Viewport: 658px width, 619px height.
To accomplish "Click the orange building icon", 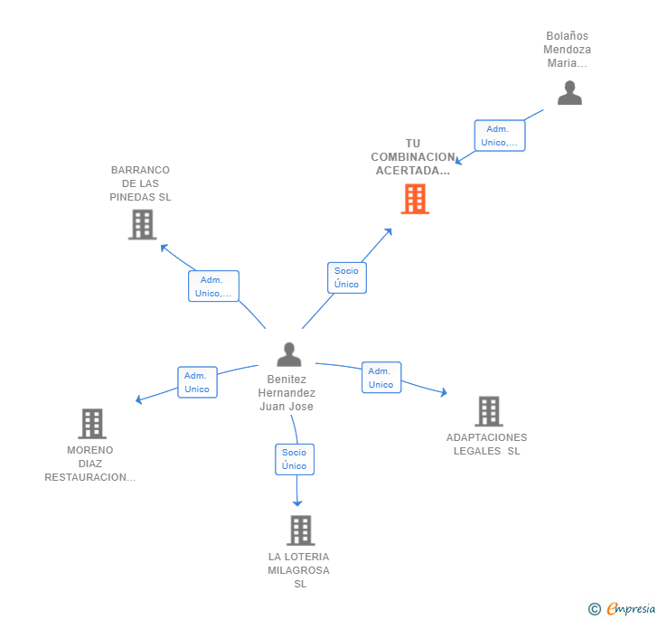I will pyautogui.click(x=415, y=199).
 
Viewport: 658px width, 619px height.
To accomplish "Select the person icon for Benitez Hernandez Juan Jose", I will pyautogui.click(x=289, y=354).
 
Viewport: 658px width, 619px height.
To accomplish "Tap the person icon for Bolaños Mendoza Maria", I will pyautogui.click(x=569, y=93).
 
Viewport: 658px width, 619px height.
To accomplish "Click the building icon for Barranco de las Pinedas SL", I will pyautogui.click(x=142, y=224).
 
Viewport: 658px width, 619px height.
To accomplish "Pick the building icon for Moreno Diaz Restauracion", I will pyautogui.click(x=91, y=423).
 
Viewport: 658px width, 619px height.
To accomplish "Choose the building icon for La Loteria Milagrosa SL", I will pyautogui.click(x=300, y=530).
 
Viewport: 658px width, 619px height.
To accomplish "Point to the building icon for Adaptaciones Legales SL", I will pyautogui.click(x=488, y=411).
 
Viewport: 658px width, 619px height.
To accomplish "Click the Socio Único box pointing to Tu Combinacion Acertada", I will pyautogui.click(x=346, y=277).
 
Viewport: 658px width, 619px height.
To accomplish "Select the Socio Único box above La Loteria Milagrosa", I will pyautogui.click(x=294, y=459).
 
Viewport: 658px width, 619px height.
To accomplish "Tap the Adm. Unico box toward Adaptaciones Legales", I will pyautogui.click(x=381, y=378).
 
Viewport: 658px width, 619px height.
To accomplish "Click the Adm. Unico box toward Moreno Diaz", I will pyautogui.click(x=197, y=382).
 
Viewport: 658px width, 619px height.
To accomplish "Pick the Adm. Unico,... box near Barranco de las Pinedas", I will pyautogui.click(x=213, y=286).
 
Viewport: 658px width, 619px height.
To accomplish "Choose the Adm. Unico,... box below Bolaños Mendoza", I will pyautogui.click(x=499, y=136).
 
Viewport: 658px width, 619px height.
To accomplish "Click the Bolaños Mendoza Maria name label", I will pyautogui.click(x=568, y=50).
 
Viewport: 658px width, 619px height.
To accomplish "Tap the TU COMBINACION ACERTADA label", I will pyautogui.click(x=412, y=156).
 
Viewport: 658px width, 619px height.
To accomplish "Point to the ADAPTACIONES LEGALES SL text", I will pyautogui.click(x=486, y=444).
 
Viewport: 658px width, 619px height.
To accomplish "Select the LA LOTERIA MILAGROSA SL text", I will pyautogui.click(x=298, y=570).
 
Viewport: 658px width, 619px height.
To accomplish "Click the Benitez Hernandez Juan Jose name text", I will pyautogui.click(x=287, y=393).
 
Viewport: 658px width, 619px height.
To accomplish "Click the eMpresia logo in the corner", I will pyautogui.click(x=622, y=608).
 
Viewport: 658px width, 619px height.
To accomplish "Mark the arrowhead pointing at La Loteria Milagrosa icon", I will pyautogui.click(x=297, y=502).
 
